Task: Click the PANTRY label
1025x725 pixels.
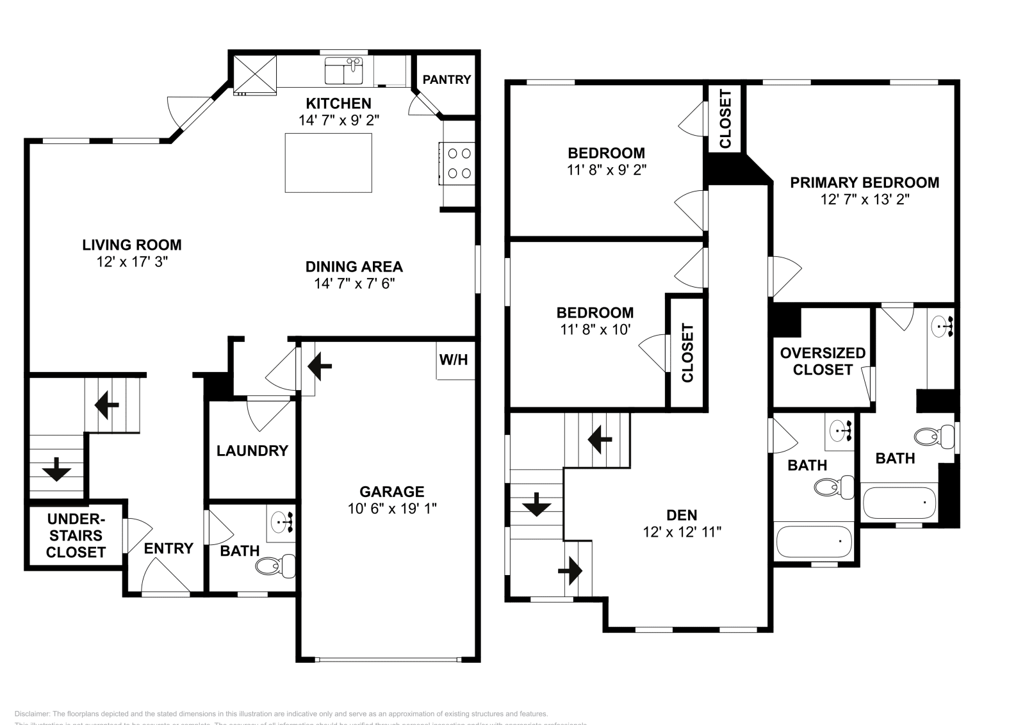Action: (447, 79)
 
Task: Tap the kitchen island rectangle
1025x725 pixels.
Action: (328, 163)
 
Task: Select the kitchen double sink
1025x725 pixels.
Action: (344, 71)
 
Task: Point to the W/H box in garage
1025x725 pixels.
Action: (454, 360)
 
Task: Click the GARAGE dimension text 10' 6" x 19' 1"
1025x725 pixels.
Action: (391, 509)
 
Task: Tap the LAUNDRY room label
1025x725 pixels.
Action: (252, 450)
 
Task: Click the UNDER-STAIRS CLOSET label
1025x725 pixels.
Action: (76, 535)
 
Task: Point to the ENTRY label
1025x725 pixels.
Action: (168, 548)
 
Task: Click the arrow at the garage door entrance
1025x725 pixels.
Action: (320, 366)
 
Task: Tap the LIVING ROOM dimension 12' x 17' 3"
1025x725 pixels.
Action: (131, 262)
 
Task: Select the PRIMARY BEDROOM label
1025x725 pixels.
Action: (864, 183)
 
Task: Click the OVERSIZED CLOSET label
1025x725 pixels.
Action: (823, 361)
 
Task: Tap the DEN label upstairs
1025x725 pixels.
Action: (682, 514)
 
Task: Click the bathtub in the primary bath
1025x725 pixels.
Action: (899, 503)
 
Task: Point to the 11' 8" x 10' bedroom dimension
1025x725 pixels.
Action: (594, 330)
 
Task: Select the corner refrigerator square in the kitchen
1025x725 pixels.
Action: (254, 74)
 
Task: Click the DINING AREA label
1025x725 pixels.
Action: (354, 266)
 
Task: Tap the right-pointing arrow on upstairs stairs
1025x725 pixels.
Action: (570, 569)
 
